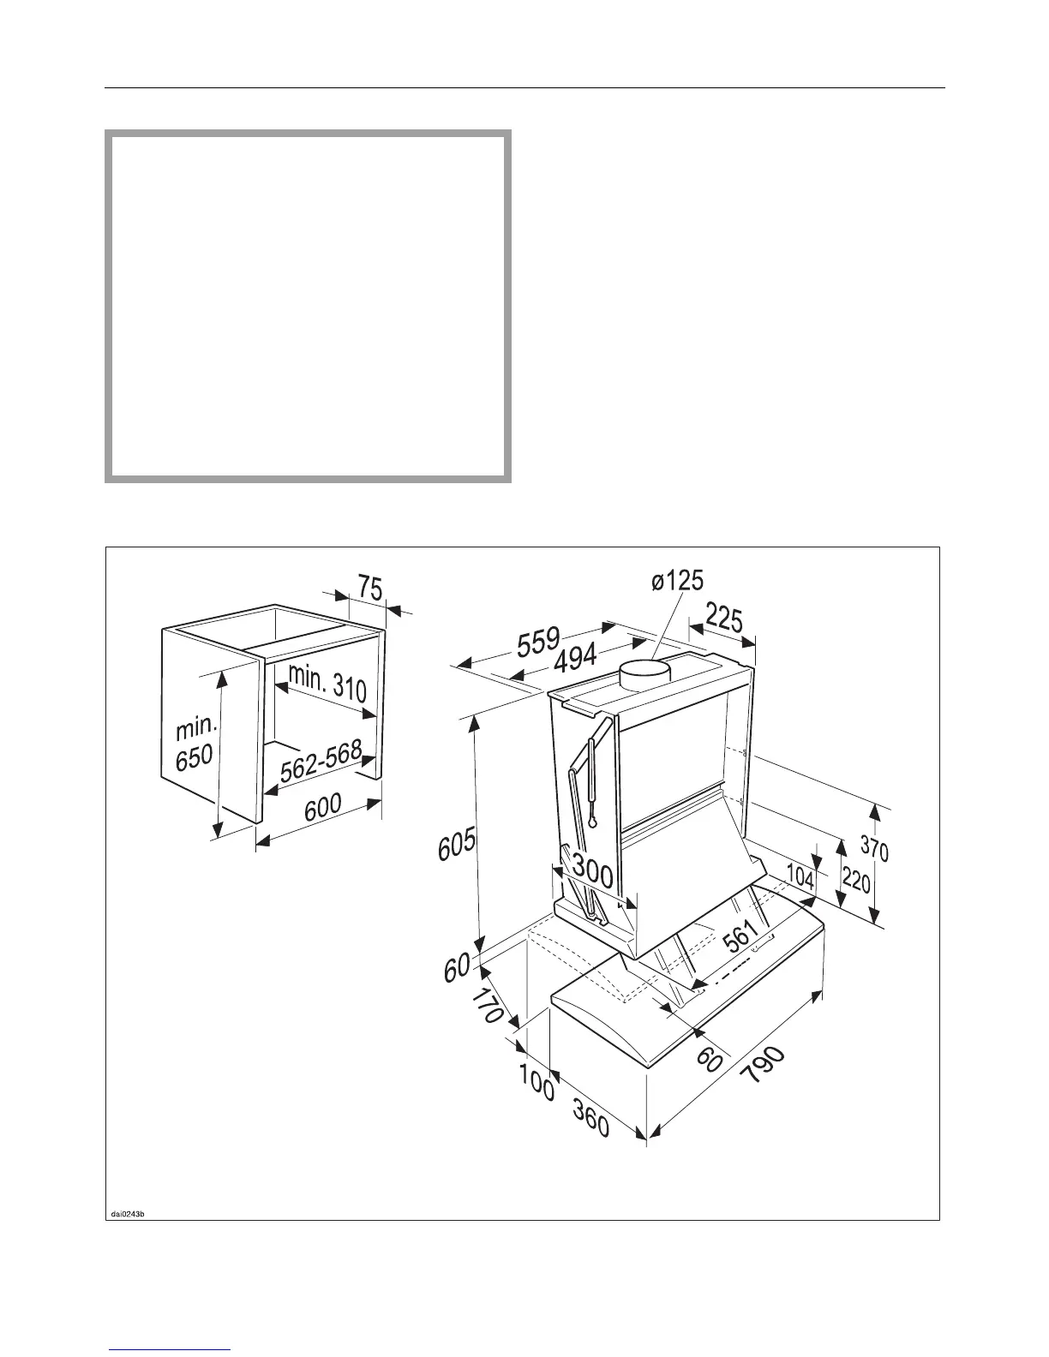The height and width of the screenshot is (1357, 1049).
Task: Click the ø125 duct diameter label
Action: click(x=677, y=581)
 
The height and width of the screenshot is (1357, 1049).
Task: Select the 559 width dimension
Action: click(x=538, y=641)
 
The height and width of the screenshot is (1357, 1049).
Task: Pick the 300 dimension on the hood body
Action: click(x=592, y=873)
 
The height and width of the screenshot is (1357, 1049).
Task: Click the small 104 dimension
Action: click(x=800, y=876)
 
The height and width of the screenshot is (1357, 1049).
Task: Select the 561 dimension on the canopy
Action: click(x=742, y=936)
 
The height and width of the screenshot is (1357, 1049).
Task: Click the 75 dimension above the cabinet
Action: click(x=370, y=589)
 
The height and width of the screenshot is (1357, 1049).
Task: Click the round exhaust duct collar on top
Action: click(x=649, y=676)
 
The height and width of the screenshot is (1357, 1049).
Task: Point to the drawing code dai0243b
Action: click(x=129, y=1213)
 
